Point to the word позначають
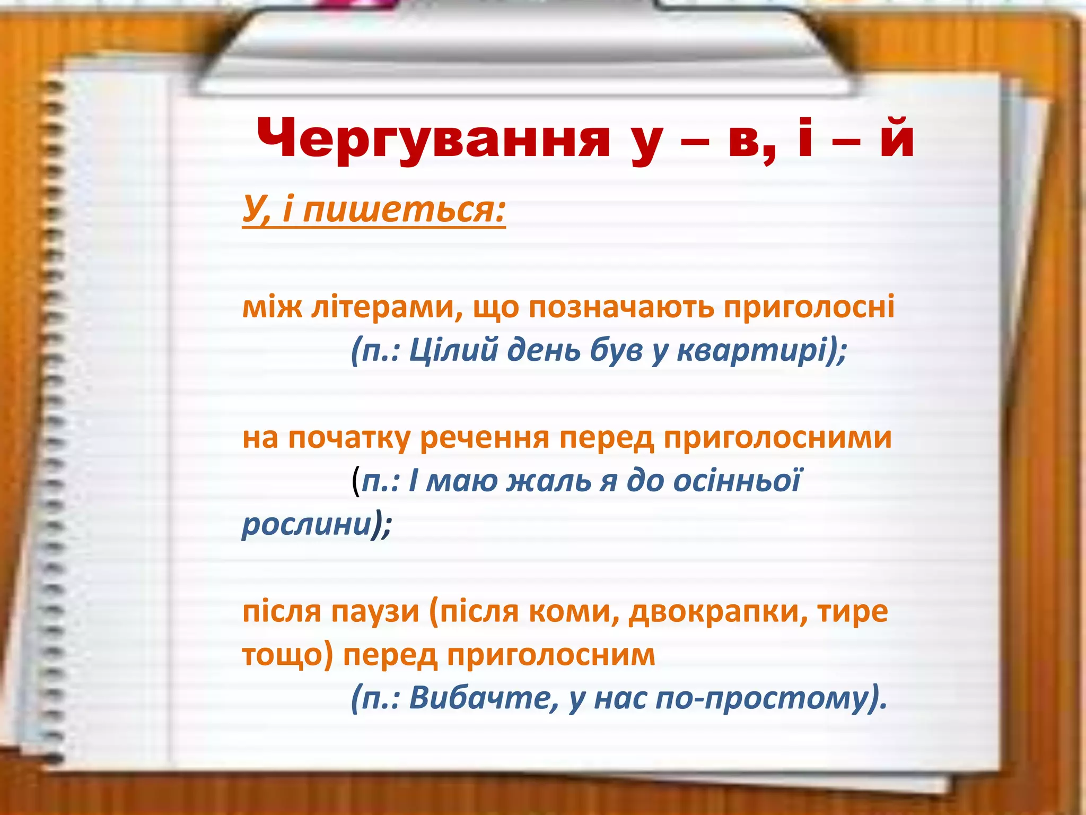621,307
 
